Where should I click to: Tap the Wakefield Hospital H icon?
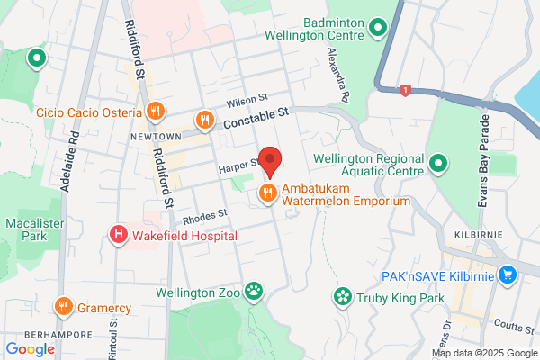(x=118, y=236)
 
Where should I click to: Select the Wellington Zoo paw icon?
(x=256, y=292)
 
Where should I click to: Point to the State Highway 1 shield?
(x=407, y=90)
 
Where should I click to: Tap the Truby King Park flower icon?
(x=342, y=296)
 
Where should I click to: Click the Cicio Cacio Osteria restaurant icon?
(x=155, y=112)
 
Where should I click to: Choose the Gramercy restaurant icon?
(x=63, y=307)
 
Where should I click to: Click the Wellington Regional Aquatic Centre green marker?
(x=438, y=164)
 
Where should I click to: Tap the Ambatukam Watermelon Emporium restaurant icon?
(x=267, y=193)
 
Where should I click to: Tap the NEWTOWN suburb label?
(x=155, y=137)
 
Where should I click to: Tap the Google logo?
(x=30, y=348)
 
